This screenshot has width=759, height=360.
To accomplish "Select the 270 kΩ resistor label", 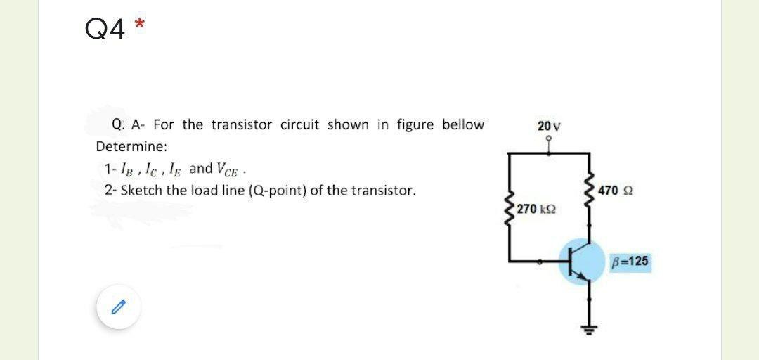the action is point(536,209).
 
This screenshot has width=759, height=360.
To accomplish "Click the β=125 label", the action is point(630,262).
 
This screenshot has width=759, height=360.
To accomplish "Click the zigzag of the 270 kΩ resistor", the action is point(510,208).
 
